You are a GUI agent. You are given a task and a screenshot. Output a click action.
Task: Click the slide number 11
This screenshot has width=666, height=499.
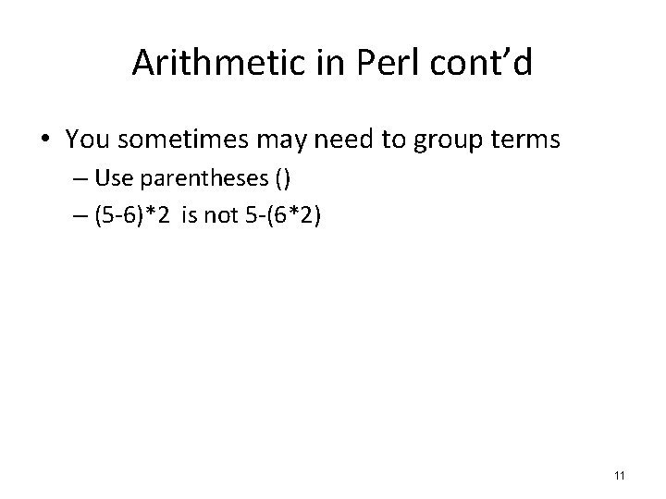pos(619,475)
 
